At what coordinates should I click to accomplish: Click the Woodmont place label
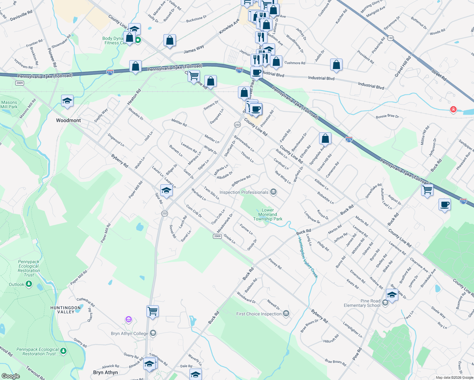click(68, 120)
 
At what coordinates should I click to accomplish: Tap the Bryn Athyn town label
click(106, 372)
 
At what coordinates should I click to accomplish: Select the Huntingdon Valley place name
click(66, 310)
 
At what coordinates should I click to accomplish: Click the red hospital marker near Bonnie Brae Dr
click(453, 110)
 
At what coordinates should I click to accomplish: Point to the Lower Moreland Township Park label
click(268, 214)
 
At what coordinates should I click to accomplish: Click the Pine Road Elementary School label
click(362, 303)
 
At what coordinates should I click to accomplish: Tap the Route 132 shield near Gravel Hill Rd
click(390, 38)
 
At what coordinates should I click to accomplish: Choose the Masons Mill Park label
click(9, 104)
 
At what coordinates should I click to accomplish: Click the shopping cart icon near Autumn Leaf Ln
click(427, 190)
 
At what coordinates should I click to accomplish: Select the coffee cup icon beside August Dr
click(445, 205)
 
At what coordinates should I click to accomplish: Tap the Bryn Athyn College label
click(130, 333)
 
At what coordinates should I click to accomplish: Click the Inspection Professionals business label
click(244, 192)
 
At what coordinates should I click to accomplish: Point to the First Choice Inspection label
click(259, 314)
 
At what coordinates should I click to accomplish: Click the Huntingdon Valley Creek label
click(308, 257)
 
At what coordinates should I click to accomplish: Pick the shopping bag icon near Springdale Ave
click(325, 139)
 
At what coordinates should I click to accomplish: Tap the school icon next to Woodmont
click(67, 101)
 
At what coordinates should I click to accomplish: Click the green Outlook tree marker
click(29, 284)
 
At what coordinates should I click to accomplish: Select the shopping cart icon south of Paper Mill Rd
click(152, 311)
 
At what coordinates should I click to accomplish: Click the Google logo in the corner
click(10, 376)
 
